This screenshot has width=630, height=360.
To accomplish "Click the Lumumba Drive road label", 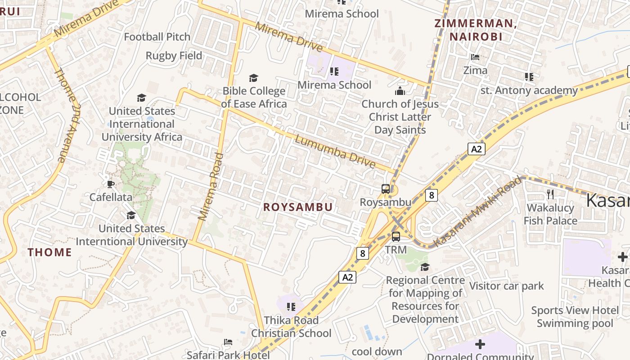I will pos(335,152).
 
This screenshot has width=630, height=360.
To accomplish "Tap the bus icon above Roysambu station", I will pos(386,189).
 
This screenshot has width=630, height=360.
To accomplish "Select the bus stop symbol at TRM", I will pos(396,236).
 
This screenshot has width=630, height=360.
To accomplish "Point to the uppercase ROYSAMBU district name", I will pos(298,207).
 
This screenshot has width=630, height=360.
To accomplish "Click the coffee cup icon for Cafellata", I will pos(111,184).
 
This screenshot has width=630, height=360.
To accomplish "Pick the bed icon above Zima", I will pos(475,57).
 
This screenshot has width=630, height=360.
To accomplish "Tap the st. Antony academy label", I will pos(529,90).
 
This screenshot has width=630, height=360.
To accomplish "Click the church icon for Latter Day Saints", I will pos(400,91).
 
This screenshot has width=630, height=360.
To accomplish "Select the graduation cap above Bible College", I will pos(254,78).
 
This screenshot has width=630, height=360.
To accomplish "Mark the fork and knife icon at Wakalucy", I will pos(550,194).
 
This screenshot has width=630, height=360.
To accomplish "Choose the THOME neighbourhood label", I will pos(50,252).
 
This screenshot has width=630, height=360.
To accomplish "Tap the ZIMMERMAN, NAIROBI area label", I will pos(475,30).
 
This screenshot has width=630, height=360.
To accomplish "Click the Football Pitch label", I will pos(157,37).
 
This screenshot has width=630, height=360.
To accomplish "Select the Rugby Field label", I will pos(174,56).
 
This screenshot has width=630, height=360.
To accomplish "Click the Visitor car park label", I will pos(506,286).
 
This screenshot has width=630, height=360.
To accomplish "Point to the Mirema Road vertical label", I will pos(211,187).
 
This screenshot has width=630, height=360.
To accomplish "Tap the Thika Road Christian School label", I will pos(291,327).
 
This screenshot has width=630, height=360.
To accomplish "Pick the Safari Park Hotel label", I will pos(228,355).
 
